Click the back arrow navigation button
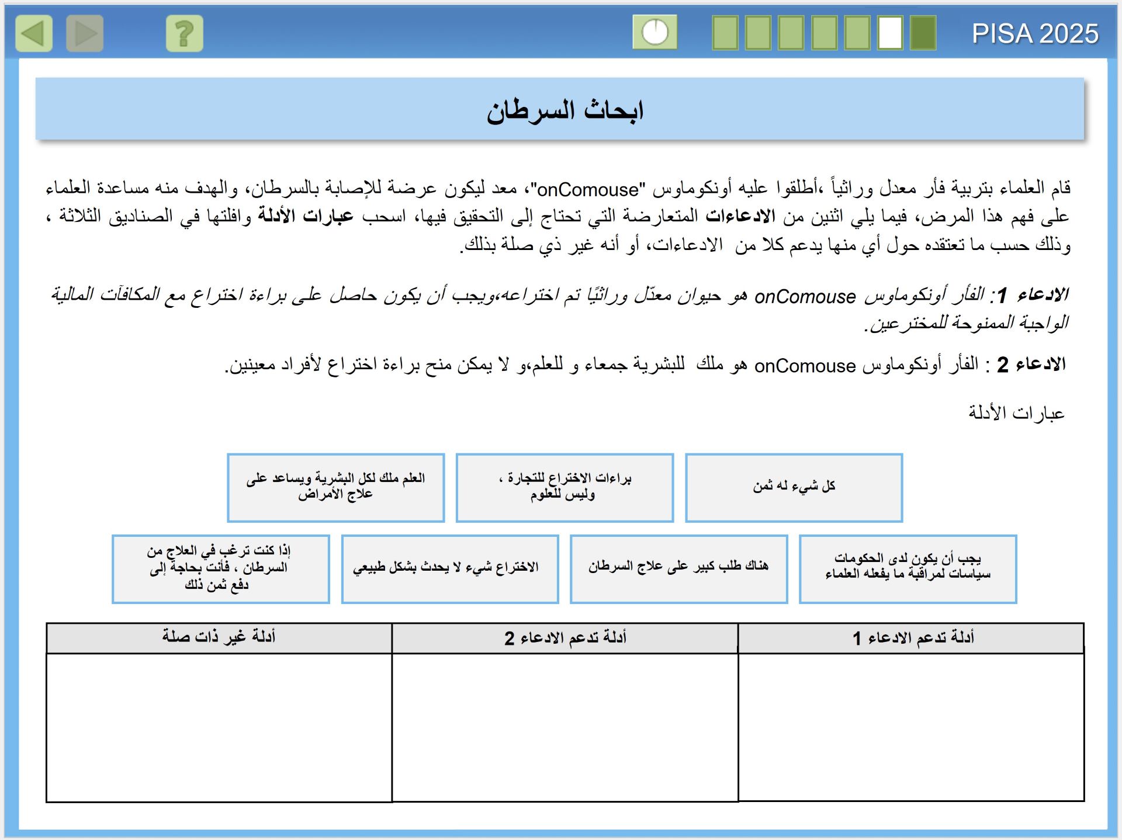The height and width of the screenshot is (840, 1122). (34, 33)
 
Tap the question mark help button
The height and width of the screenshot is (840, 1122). (184, 33)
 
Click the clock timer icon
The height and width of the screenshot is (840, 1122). (654, 32)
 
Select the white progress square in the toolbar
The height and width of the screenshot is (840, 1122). (890, 33)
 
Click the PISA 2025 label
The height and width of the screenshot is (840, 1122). (1035, 34)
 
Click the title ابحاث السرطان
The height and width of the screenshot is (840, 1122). (565, 110)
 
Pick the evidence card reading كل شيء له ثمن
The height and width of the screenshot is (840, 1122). (794, 487)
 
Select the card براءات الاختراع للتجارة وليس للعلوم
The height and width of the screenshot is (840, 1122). (565, 487)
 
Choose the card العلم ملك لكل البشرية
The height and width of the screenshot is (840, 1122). (335, 487)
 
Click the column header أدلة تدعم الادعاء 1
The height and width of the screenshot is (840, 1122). (912, 637)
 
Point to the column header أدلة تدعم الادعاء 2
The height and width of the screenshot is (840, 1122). (565, 637)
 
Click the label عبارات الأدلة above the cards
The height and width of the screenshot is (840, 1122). (1016, 413)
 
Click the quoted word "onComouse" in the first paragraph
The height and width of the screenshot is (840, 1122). (587, 189)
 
